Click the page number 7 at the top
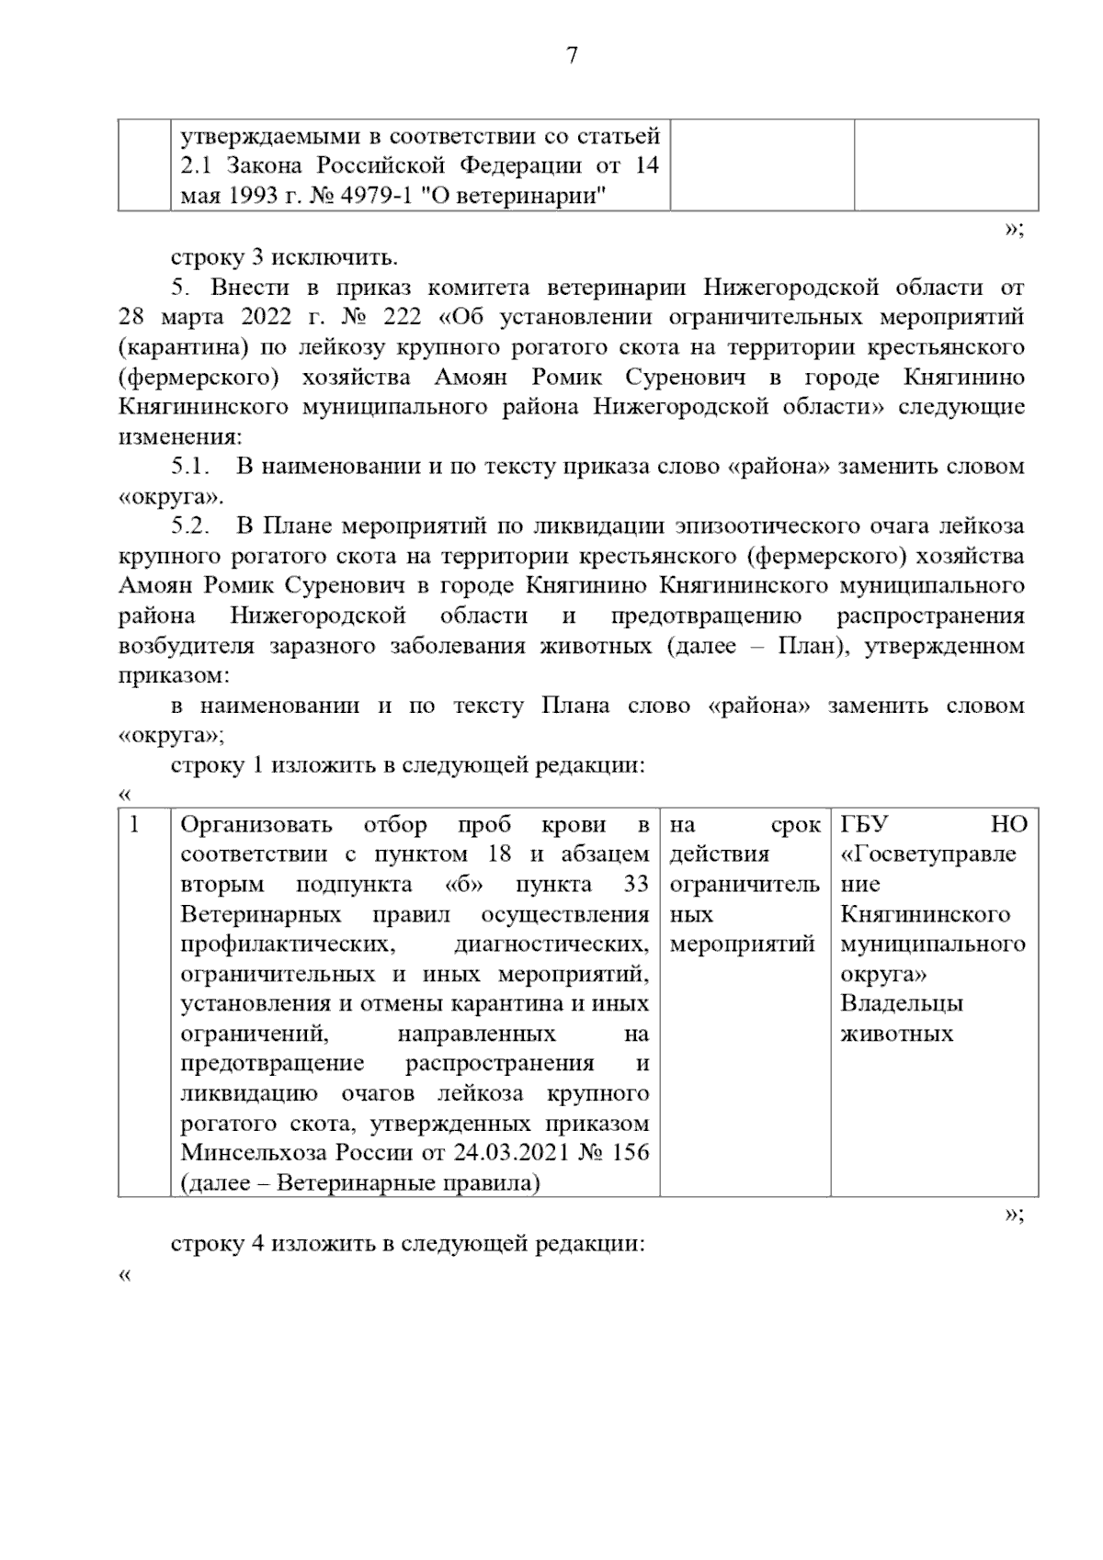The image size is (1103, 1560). tap(572, 56)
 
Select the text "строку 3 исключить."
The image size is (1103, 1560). tap(285, 257)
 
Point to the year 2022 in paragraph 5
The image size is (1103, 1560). tap(265, 317)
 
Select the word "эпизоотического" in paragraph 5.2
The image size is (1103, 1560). tap(749, 526)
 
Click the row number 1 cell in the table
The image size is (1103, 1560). tap(135, 825)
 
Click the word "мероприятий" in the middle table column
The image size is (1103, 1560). tap(742, 944)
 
